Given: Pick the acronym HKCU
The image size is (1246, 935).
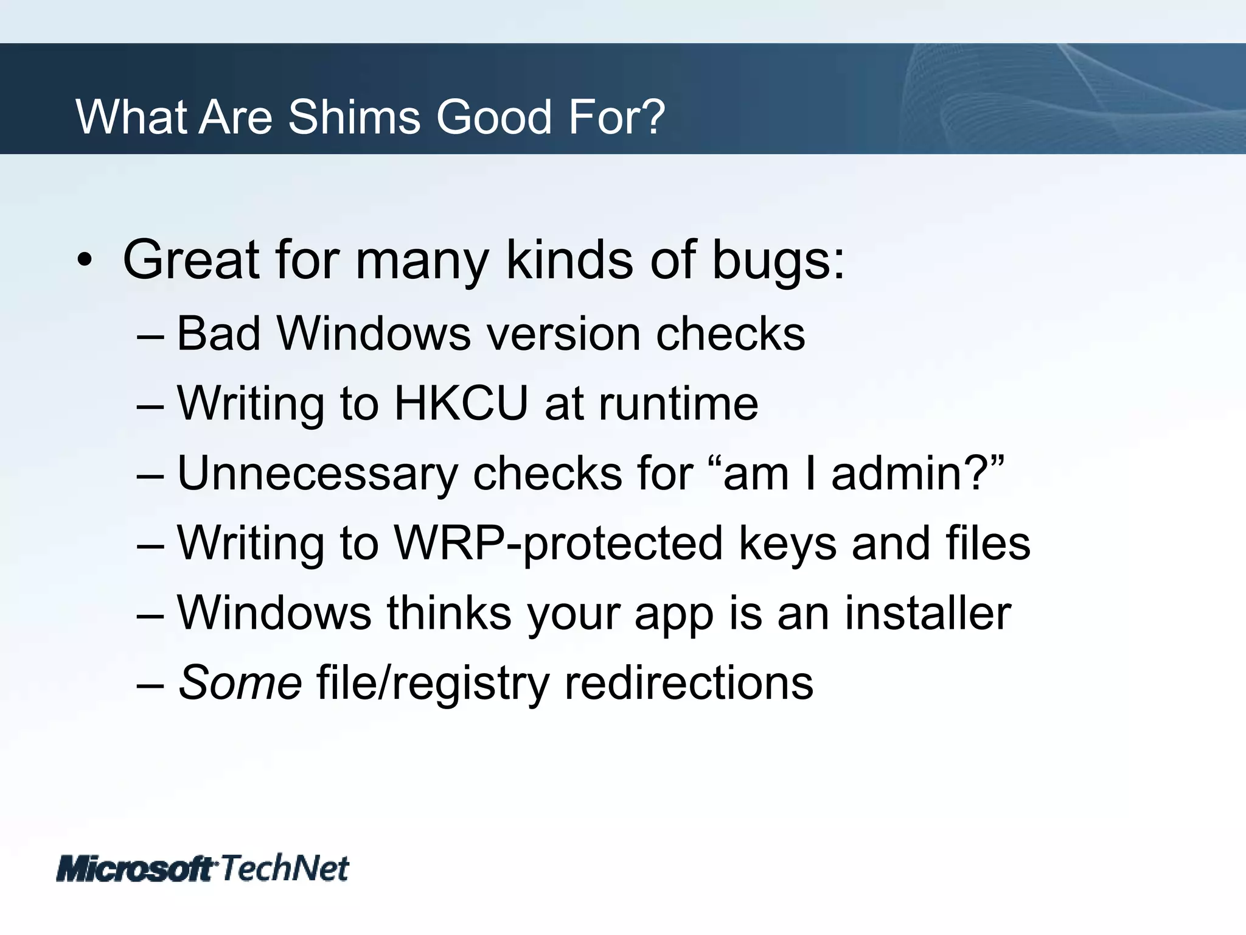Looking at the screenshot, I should click(461, 403).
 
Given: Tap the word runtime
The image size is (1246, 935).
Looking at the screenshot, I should click(678, 403).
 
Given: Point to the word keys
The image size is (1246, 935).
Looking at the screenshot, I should click(788, 544).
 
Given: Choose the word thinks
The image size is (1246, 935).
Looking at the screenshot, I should click(449, 613).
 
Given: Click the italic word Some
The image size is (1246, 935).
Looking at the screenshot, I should click(240, 682).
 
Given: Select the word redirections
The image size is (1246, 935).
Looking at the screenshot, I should click(689, 682).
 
